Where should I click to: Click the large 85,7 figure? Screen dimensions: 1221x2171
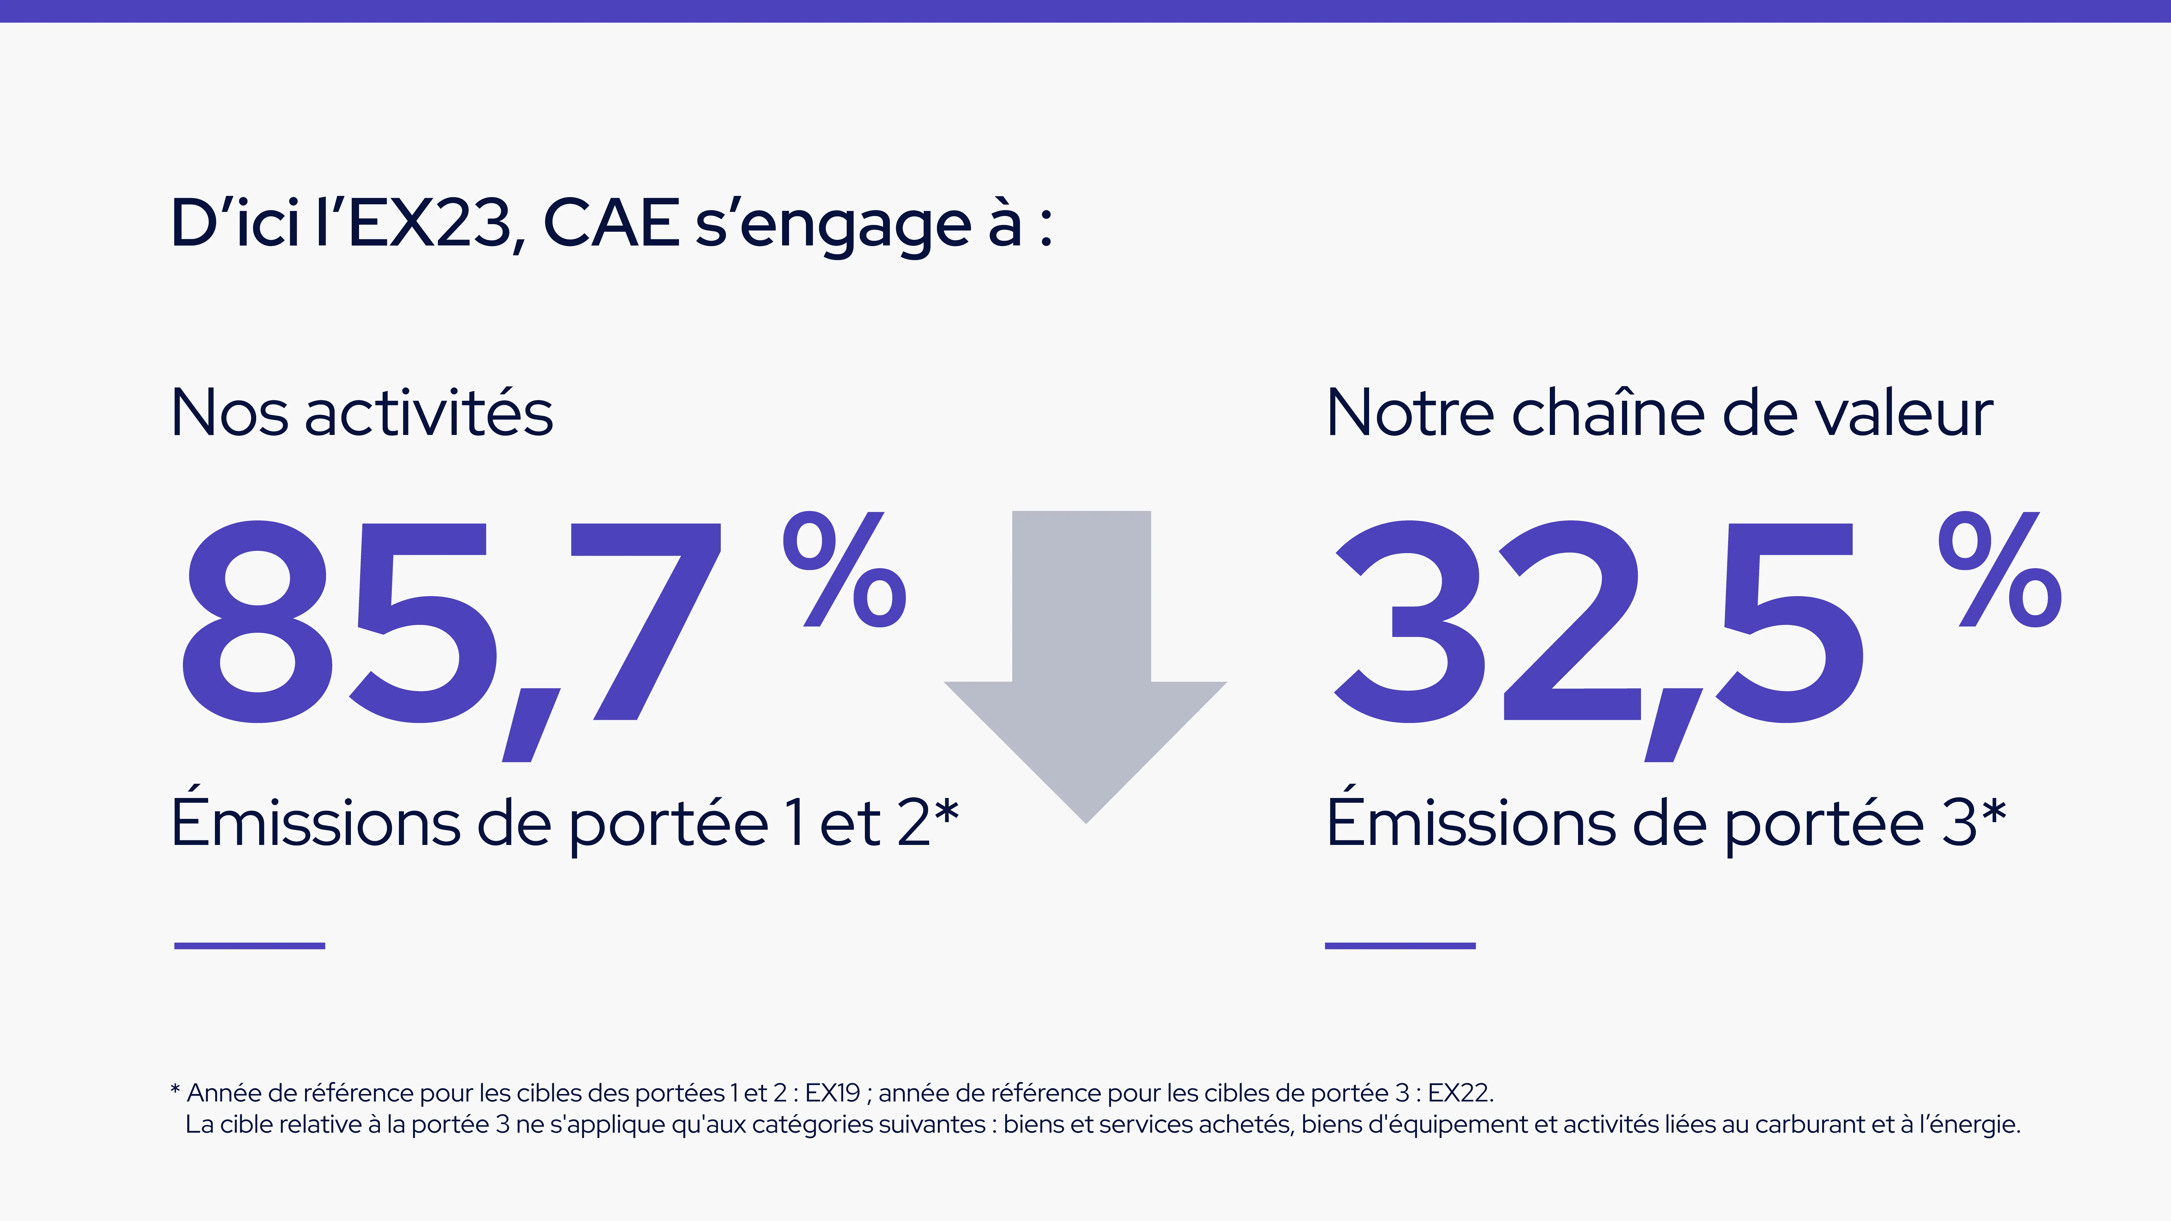tap(451, 624)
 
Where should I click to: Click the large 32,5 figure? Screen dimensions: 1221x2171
tap(1597, 624)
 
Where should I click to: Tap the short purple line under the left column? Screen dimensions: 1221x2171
tap(249, 945)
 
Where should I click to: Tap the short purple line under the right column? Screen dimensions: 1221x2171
tap(1400, 945)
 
